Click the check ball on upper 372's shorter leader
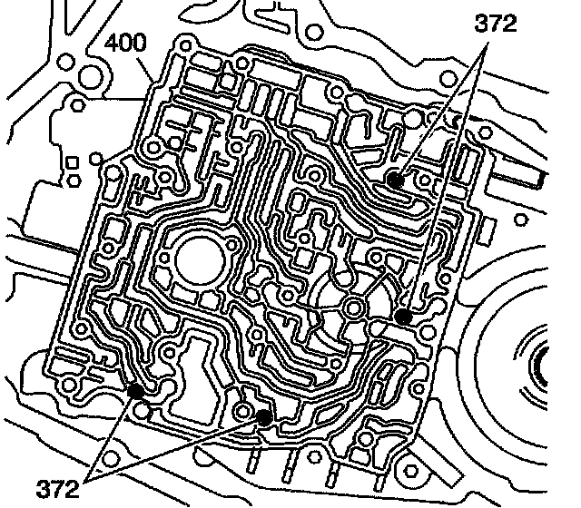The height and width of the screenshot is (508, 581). tap(395, 179)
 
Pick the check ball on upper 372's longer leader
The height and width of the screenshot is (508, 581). tap(403, 317)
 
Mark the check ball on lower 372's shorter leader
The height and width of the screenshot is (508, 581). tap(135, 390)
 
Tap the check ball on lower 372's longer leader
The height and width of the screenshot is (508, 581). tap(264, 417)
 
